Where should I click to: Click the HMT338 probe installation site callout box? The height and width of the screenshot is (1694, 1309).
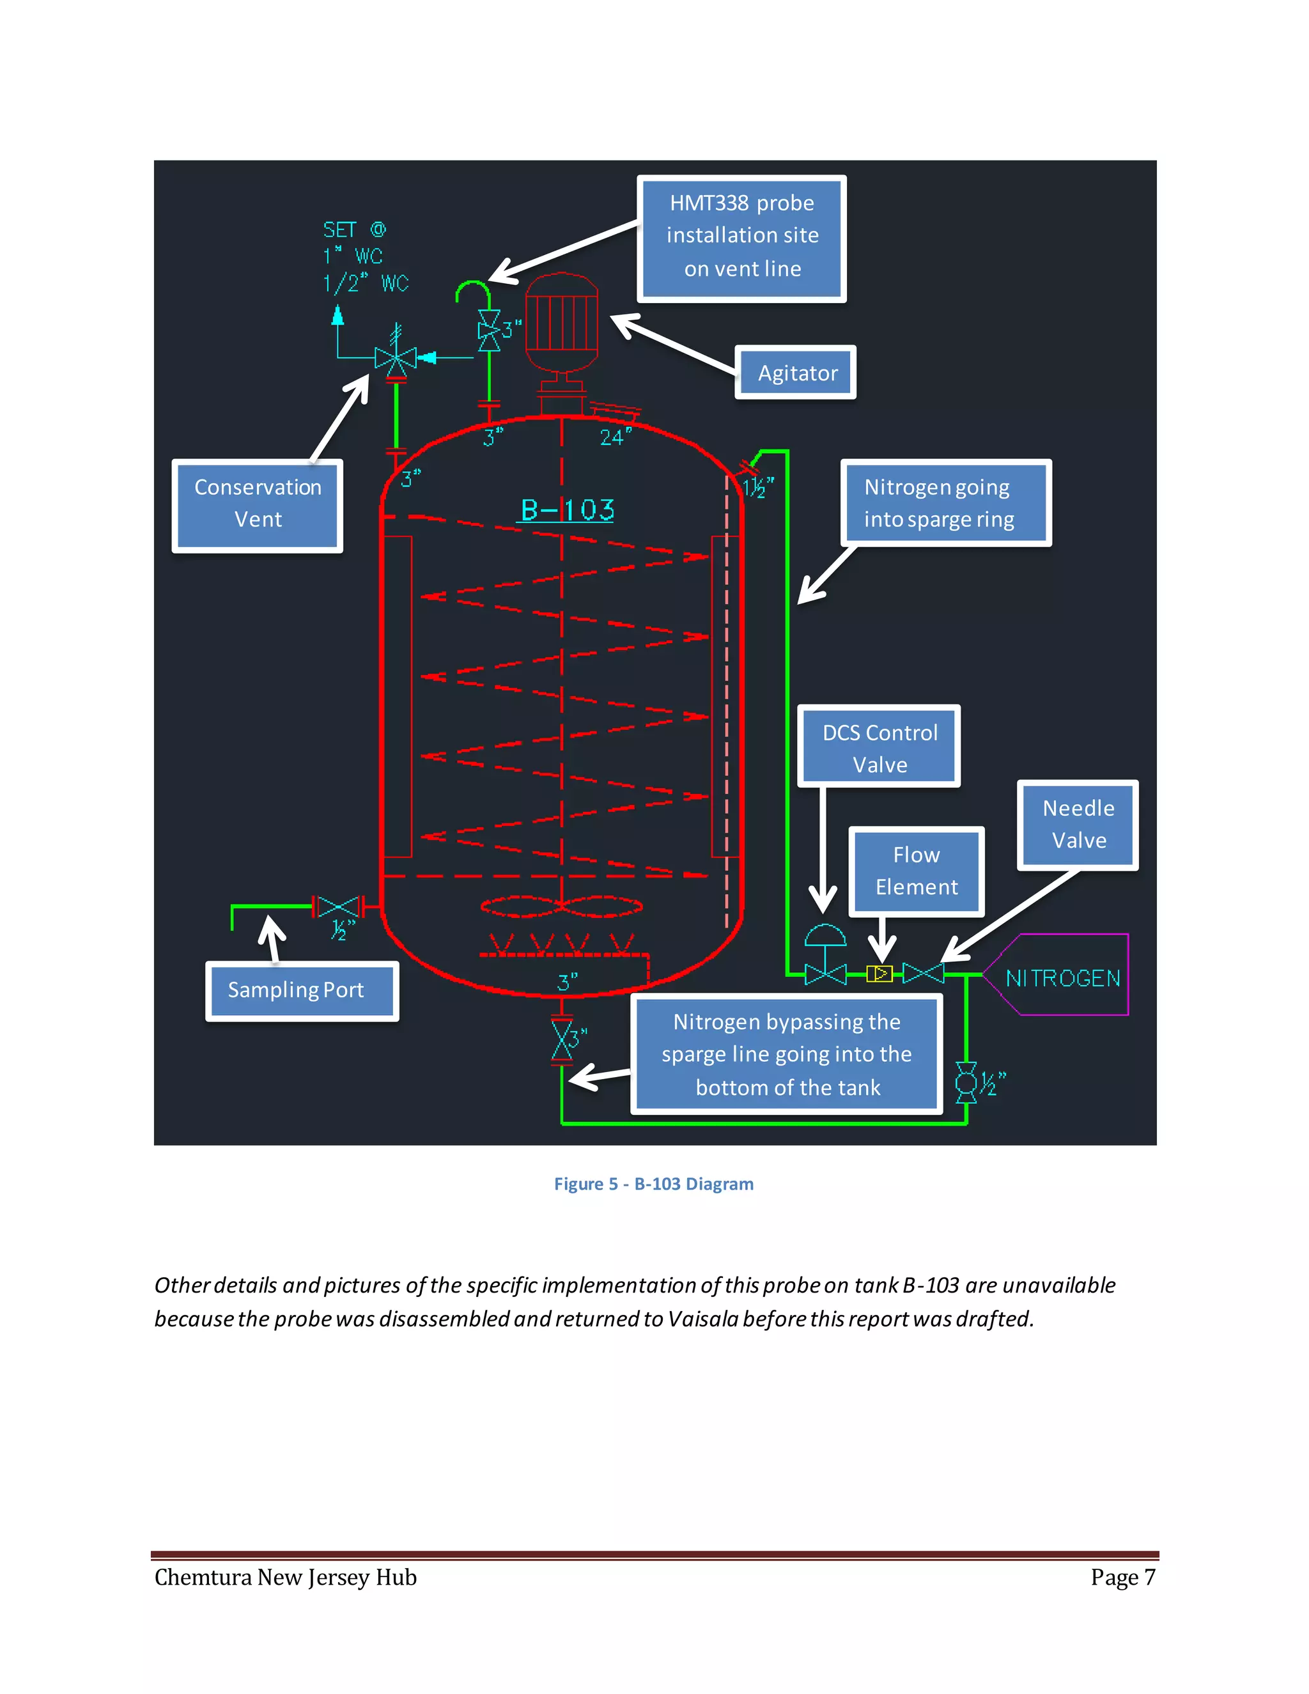(x=741, y=237)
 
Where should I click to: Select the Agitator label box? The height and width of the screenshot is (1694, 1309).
(x=796, y=373)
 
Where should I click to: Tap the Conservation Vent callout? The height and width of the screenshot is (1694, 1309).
(x=258, y=504)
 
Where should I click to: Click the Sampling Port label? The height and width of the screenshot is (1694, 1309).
(x=302, y=990)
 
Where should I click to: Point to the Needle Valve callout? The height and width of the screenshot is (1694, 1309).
(x=1077, y=824)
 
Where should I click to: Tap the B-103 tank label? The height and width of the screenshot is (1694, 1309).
(x=567, y=509)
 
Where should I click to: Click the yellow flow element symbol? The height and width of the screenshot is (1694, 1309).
(x=879, y=973)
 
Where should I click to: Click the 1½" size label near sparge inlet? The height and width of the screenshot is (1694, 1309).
(x=757, y=487)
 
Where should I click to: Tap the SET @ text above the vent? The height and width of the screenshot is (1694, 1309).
(x=353, y=229)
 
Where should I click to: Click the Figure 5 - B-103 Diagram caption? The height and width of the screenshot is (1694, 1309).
(x=653, y=1184)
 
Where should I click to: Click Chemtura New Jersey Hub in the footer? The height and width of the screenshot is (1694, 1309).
(x=285, y=1577)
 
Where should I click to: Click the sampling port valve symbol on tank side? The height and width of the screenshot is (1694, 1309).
(x=338, y=906)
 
